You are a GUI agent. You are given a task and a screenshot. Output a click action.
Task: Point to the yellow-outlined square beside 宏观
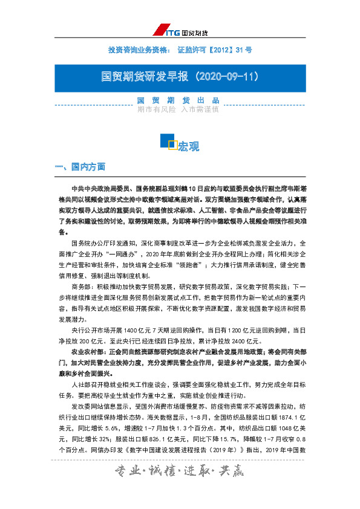(x=172, y=144)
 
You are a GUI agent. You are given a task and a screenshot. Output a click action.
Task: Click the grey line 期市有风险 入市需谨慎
(x=177, y=110)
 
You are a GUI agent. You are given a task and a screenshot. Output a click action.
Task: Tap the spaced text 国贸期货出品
(x=177, y=100)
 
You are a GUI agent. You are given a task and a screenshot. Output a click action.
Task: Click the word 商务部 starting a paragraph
(x=83, y=287)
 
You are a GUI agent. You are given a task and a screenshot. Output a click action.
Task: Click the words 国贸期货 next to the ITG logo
(x=195, y=32)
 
